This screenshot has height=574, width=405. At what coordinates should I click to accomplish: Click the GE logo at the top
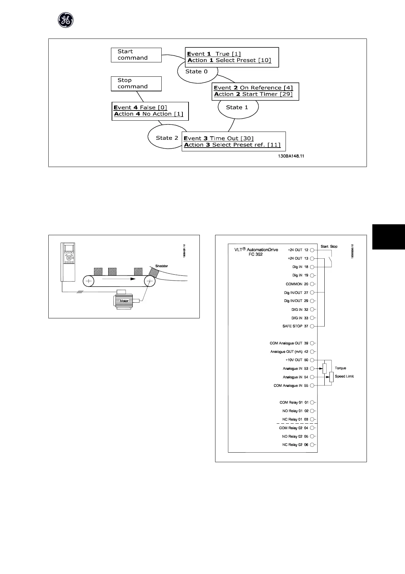[65, 21]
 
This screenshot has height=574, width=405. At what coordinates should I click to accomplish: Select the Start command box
[136, 55]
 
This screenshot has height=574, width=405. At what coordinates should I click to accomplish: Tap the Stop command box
[136, 84]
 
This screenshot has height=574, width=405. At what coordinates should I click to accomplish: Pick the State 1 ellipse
[238, 108]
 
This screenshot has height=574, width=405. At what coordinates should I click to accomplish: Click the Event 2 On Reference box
[255, 91]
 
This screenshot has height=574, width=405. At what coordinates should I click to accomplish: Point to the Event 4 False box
[150, 111]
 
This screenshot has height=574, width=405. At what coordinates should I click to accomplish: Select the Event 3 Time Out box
[233, 141]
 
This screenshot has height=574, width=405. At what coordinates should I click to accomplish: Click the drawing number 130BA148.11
[291, 156]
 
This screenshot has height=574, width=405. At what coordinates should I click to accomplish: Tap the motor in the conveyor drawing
[124, 301]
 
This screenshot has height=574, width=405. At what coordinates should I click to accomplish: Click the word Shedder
[162, 266]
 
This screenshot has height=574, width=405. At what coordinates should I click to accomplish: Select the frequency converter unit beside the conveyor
[68, 262]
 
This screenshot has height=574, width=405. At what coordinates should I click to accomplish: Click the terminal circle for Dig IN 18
[312, 267]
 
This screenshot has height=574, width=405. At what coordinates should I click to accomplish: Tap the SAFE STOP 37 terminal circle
[312, 326]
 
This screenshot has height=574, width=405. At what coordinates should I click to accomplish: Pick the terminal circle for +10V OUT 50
[312, 360]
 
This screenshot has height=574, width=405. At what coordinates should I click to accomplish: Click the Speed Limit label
[344, 377]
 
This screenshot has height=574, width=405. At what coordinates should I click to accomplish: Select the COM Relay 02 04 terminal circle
[312, 428]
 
